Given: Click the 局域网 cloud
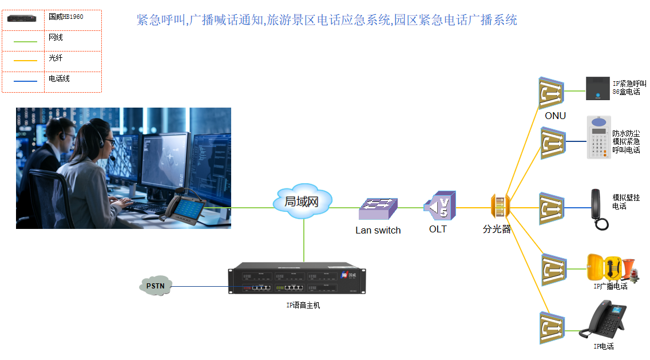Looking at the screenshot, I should tap(302, 201).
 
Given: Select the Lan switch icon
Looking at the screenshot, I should tap(378, 209).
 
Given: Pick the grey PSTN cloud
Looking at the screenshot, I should tap(155, 286).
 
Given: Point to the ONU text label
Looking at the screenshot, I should tap(555, 116).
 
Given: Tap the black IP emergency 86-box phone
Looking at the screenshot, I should tap(598, 88).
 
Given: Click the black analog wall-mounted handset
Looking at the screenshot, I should tap(599, 209).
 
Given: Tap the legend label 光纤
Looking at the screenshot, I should tap(56, 58).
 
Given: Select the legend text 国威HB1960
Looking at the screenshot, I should tap(66, 17).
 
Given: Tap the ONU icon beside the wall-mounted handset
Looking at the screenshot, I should tap(552, 208).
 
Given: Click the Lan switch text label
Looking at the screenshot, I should tap(378, 231).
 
